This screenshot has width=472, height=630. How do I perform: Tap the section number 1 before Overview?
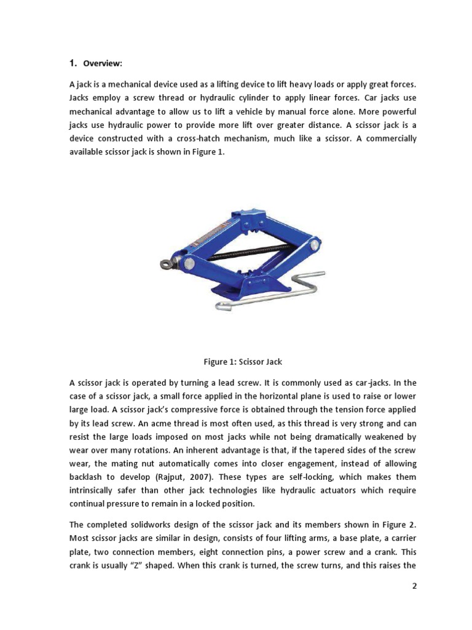click(72, 63)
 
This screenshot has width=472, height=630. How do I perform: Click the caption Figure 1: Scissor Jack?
click(243, 362)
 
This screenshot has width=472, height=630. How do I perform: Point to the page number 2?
click(414, 586)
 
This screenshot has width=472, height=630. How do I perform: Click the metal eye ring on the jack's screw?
click(166, 265)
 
